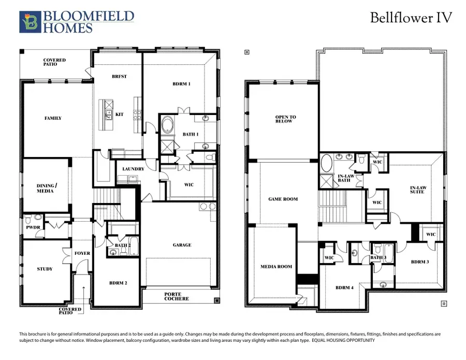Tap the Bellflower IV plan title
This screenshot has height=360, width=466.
411,18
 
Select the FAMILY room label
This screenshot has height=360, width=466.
53,118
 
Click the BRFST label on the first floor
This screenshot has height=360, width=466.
119,77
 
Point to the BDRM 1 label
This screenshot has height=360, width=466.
181,83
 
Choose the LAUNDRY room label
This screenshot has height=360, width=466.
133,169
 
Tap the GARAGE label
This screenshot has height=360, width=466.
182,245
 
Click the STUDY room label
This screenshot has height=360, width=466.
45,269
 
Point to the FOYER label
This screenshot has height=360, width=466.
82,253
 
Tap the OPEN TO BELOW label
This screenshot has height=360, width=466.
284,119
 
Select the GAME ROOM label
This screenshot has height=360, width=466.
283,199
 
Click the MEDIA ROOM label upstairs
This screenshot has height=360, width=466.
276,267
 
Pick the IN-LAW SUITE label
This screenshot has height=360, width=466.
417,190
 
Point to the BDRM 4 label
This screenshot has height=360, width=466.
344,287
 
